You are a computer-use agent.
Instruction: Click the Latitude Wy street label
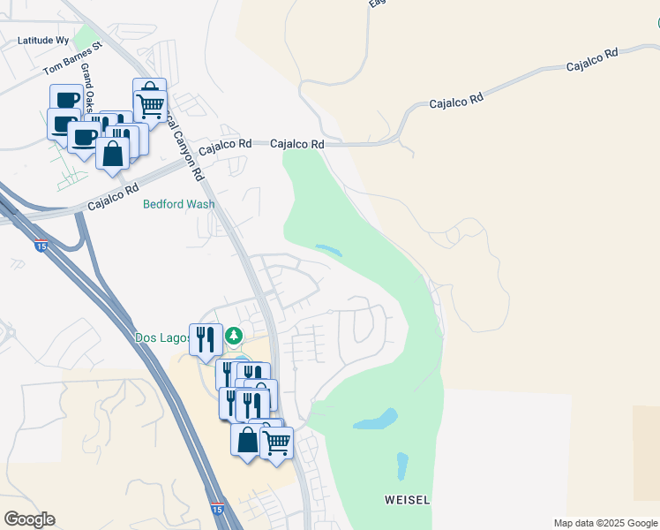point(44,40)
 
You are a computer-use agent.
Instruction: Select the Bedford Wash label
point(179,204)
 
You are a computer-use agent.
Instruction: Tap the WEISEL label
point(407,500)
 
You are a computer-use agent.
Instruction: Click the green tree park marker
point(234,336)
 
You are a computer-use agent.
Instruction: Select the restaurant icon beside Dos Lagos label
point(206,337)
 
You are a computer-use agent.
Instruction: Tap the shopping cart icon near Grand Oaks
point(151,103)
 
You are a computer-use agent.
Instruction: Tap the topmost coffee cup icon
point(66,98)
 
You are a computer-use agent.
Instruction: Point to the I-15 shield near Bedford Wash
point(41,246)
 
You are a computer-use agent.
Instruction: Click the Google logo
point(29,519)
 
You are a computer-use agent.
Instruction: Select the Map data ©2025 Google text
point(604,523)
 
